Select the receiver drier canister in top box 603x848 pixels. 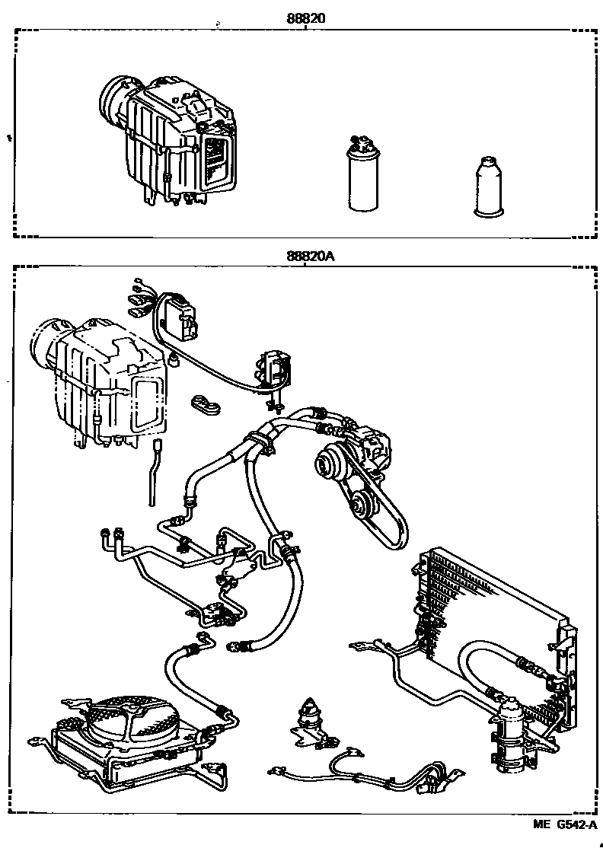pos(362,178)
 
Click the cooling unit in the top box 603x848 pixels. pos(171,141)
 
